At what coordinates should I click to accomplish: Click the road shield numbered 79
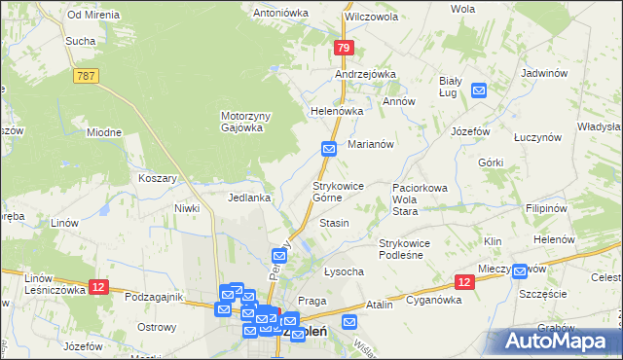point(342,47)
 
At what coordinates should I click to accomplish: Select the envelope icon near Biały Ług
point(479,90)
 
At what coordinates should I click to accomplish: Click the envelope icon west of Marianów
point(329,149)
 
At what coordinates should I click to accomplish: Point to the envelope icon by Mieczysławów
point(520,271)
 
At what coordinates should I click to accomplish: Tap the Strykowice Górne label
point(338,191)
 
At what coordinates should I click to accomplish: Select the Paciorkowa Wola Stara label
point(419,198)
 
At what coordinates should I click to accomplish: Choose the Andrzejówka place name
point(365,74)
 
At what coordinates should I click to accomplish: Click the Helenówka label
point(336,111)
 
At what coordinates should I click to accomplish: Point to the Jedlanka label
point(249,198)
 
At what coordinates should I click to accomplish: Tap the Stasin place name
point(334,223)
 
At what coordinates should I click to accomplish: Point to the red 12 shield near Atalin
point(463,282)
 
